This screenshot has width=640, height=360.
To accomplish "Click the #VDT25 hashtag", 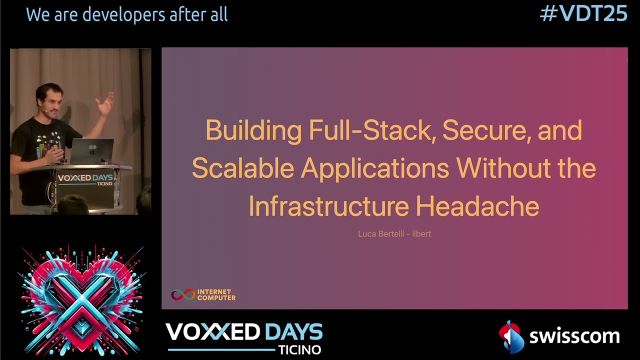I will [583, 14].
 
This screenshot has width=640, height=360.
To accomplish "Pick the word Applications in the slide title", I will [374, 168].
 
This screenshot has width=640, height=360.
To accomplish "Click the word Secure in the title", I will [485, 130].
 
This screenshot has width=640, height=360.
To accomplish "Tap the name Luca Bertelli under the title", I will [381, 233].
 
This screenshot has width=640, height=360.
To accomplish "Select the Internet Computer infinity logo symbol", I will [183, 295].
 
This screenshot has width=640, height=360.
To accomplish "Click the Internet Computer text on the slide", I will [216, 295].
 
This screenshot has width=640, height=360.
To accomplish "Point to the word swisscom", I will [574, 336].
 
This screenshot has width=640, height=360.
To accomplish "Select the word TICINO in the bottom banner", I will [299, 349].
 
